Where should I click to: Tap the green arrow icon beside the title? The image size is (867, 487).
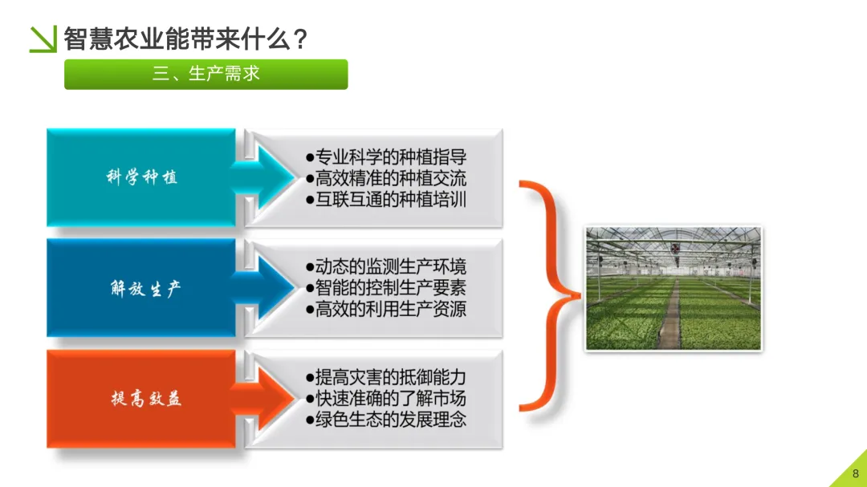pyautogui.click(x=43, y=39)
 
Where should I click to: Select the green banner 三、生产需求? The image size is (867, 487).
pyautogui.click(x=206, y=74)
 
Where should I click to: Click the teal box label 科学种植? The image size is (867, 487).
pyautogui.click(x=141, y=177)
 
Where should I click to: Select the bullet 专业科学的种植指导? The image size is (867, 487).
pyautogui.click(x=386, y=156)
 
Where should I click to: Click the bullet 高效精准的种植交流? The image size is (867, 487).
pyautogui.click(x=386, y=178)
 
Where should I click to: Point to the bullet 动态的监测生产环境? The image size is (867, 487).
pyautogui.click(x=386, y=266)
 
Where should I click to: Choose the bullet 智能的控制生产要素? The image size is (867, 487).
pyautogui.click(x=386, y=287)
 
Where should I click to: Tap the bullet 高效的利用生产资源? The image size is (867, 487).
pyautogui.click(x=386, y=309)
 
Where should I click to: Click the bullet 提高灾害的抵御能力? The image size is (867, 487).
pyautogui.click(x=386, y=377)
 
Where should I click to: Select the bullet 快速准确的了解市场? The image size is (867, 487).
pyautogui.click(x=386, y=398)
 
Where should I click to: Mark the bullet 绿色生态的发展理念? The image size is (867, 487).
pyautogui.click(x=386, y=420)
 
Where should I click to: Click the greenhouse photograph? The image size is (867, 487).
pyautogui.click(x=673, y=289)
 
